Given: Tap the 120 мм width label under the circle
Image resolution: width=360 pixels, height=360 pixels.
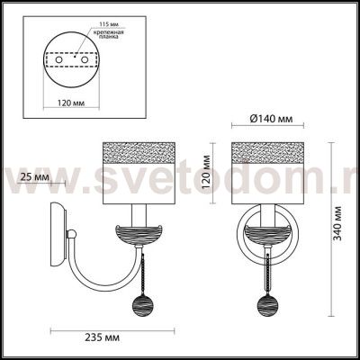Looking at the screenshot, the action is point(71,103).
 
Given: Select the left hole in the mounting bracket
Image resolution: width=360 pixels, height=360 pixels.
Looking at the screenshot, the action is point(58,59).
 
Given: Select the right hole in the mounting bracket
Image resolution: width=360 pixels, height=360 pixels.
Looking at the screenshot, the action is point(85,59).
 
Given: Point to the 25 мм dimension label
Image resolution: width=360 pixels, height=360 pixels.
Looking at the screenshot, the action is point(34,177).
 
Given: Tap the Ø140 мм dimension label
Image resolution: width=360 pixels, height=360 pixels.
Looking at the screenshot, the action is point(271,119).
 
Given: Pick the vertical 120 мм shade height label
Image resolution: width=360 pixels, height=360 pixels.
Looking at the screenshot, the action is point(207,172).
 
